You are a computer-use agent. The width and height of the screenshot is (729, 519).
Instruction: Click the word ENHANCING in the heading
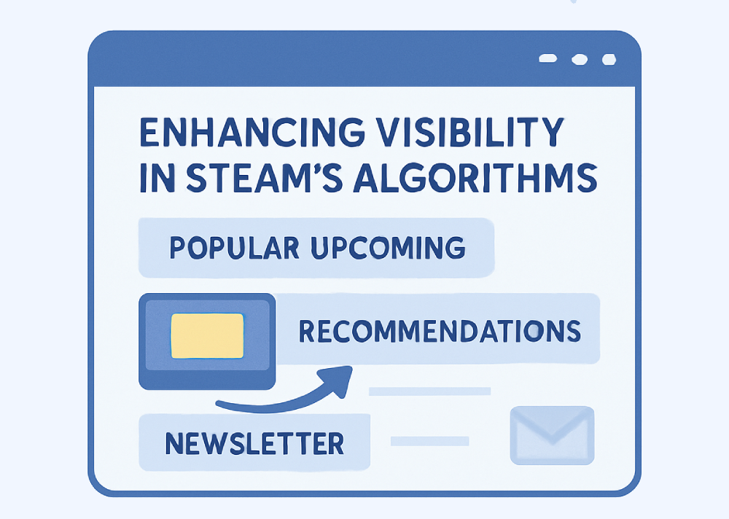(x=252, y=133)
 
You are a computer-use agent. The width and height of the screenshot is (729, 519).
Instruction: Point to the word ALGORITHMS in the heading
(x=475, y=178)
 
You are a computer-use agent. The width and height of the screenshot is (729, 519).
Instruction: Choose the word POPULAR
(x=234, y=247)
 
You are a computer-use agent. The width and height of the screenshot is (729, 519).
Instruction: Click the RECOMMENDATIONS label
(x=440, y=331)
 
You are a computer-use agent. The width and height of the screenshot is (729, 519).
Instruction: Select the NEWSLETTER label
(x=254, y=443)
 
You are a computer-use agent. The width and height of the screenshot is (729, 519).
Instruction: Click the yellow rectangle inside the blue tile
(x=207, y=336)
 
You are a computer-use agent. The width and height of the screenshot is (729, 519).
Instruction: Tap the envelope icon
(x=553, y=435)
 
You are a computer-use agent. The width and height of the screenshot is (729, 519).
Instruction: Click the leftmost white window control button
(x=547, y=58)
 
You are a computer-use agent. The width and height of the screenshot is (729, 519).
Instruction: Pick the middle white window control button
(x=580, y=59)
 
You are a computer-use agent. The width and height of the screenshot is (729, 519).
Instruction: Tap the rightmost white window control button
(x=609, y=59)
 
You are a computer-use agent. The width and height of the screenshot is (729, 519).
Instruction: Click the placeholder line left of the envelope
(x=429, y=441)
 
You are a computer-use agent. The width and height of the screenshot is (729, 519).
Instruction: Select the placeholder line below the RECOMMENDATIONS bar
(x=429, y=391)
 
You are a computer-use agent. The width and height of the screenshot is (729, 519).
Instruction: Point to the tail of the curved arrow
(x=217, y=404)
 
